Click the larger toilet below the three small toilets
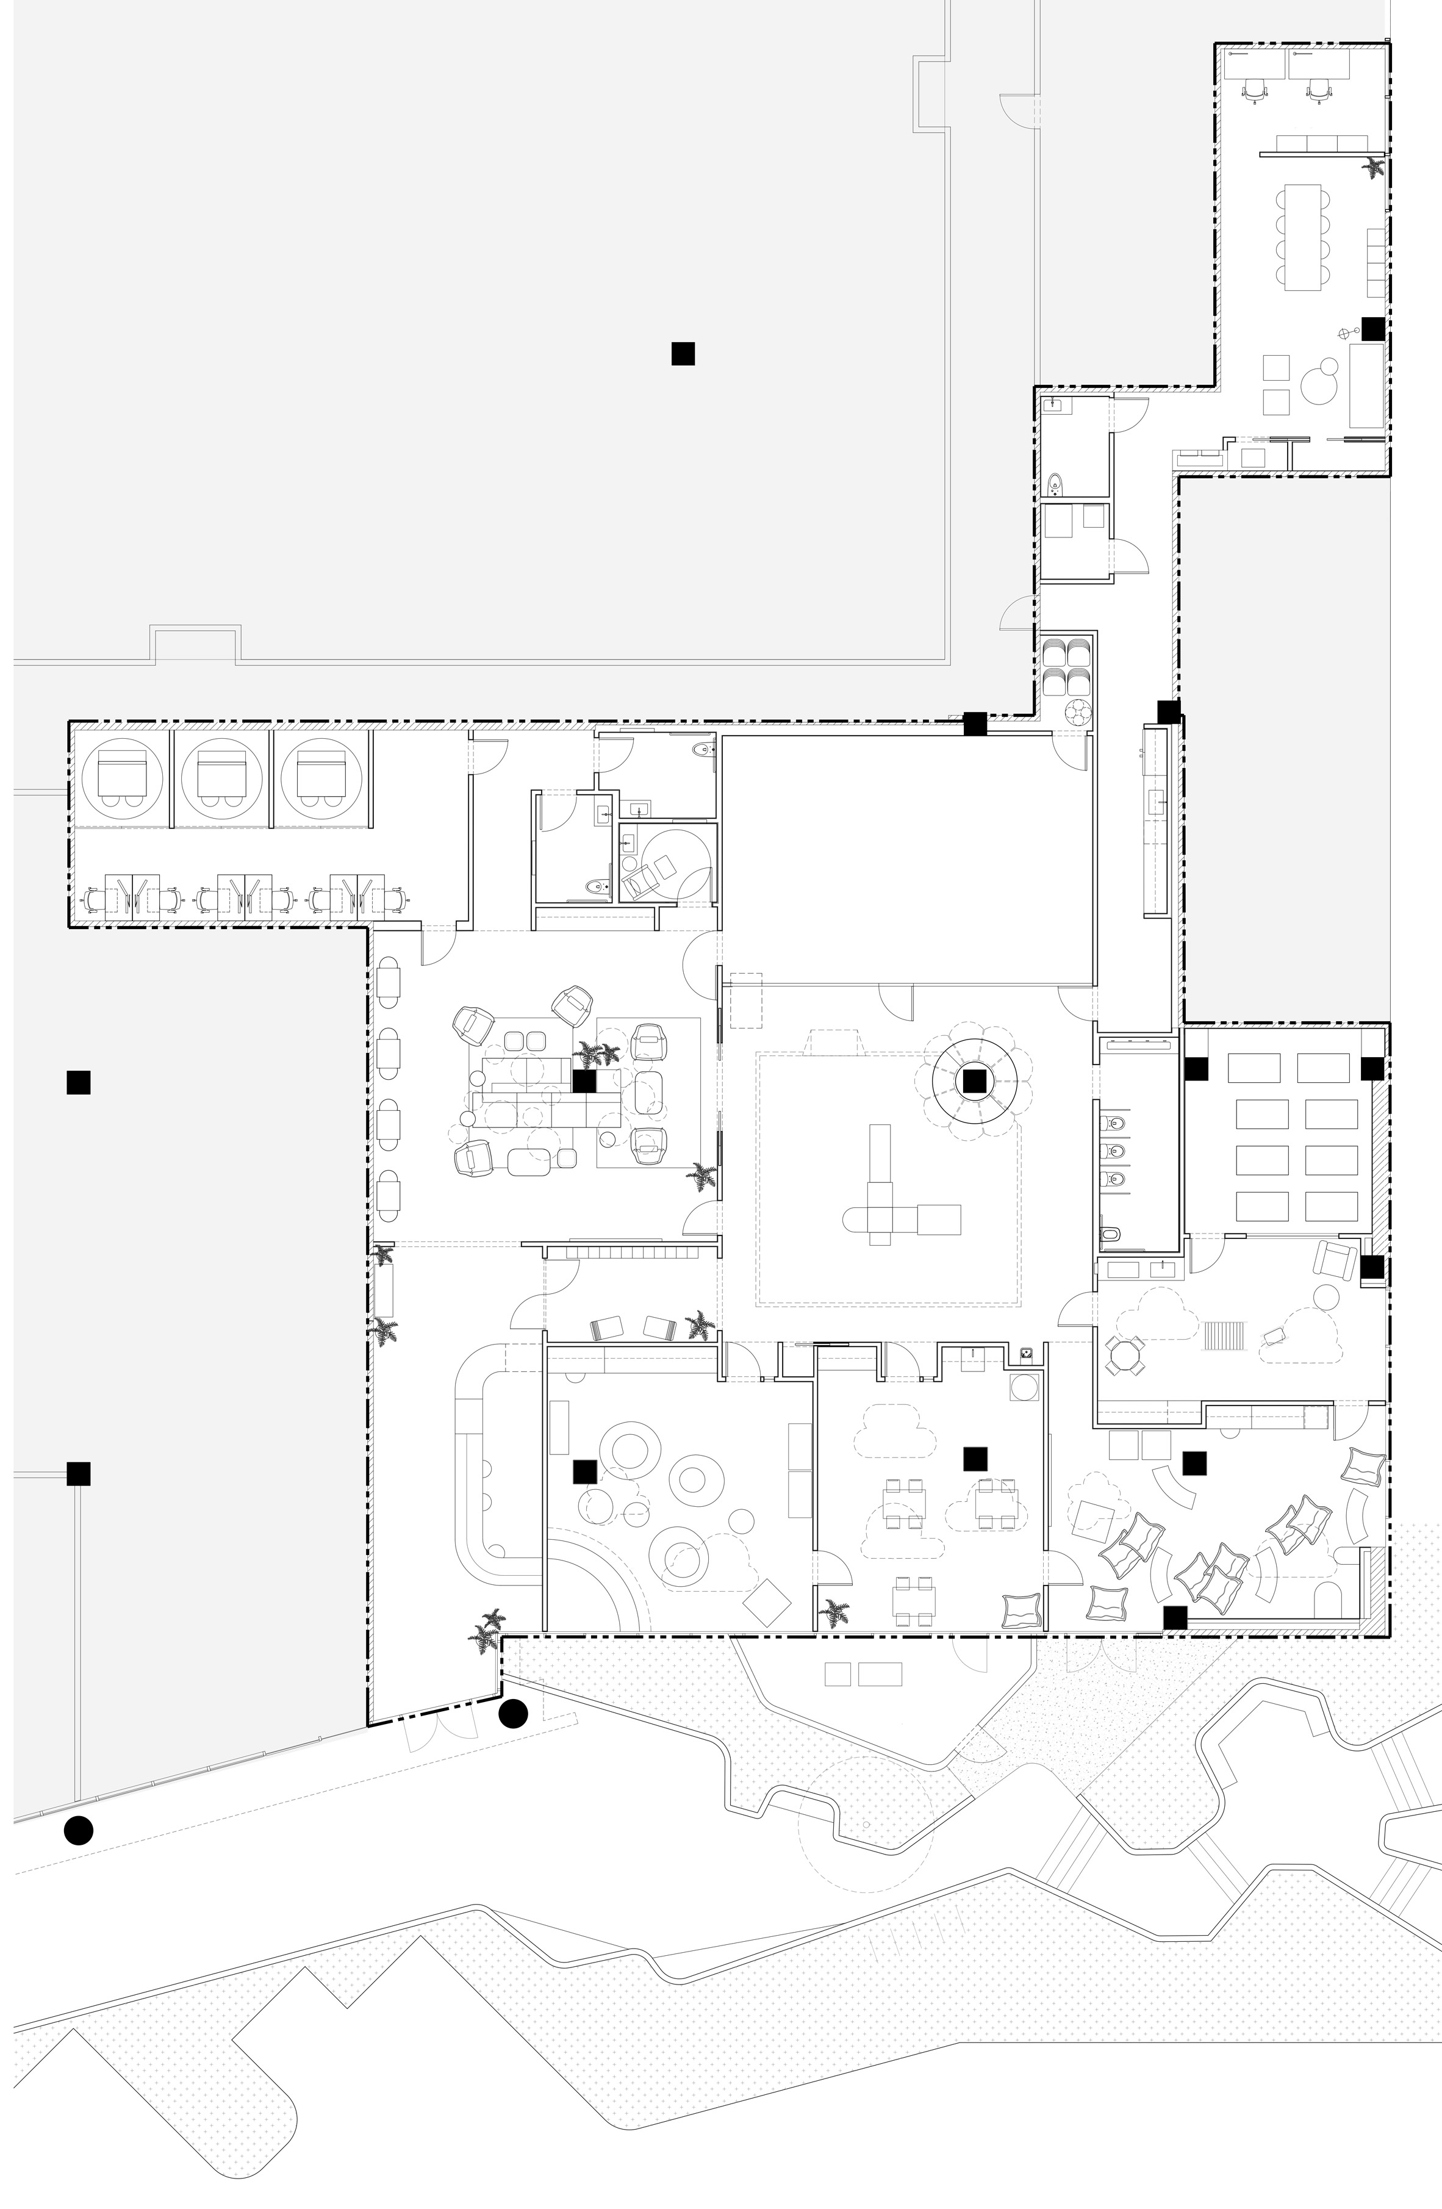tap(1111, 1235)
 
